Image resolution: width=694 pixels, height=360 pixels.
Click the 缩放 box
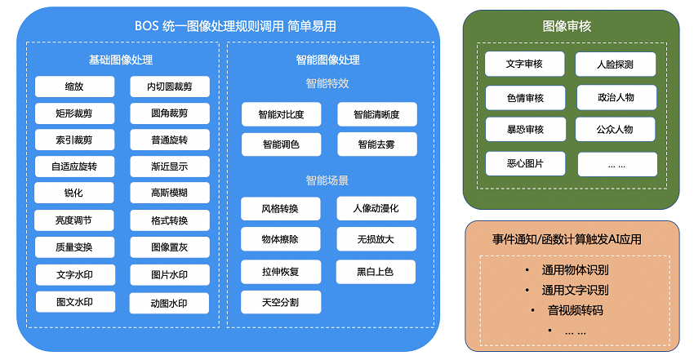click(74, 87)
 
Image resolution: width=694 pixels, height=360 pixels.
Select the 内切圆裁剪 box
click(169, 87)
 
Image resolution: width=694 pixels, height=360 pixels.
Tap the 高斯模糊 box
click(169, 193)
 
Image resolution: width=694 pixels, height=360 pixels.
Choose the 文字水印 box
click(74, 275)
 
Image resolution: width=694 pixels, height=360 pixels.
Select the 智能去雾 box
click(376, 144)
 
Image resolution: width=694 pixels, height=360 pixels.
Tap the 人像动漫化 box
click(376, 208)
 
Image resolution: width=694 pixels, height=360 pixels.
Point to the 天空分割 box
click(281, 302)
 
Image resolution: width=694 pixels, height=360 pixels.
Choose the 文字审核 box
click(524, 64)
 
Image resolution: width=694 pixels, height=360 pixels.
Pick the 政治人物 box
click(616, 98)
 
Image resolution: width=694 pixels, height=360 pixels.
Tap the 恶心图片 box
click(524, 163)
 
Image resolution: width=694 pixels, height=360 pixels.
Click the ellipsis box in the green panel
click(616, 164)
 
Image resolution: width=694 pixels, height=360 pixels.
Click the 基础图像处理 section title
click(121, 60)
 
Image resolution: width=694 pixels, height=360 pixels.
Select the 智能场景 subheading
click(327, 180)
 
